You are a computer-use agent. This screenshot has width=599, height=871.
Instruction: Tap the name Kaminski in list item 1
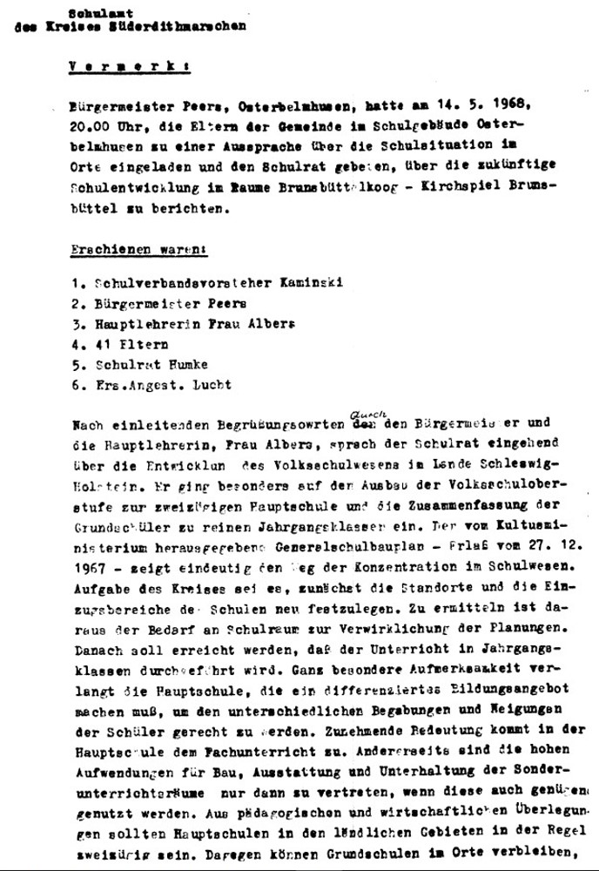[309, 282]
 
